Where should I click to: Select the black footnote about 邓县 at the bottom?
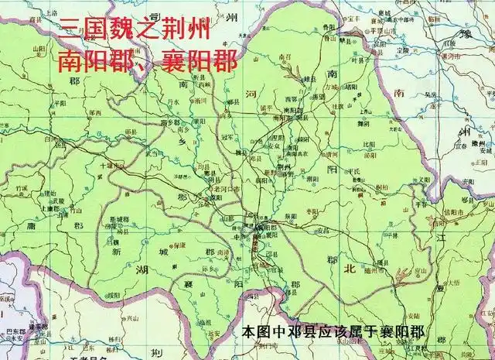point(337,332)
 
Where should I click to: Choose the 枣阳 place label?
point(312,210)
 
